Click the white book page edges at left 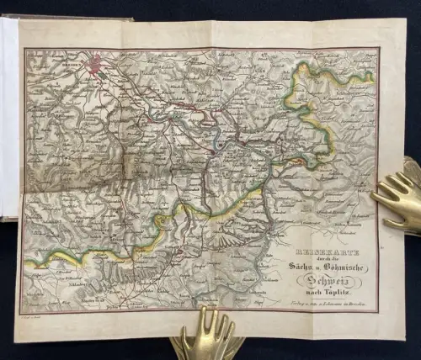coord(9,118)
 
